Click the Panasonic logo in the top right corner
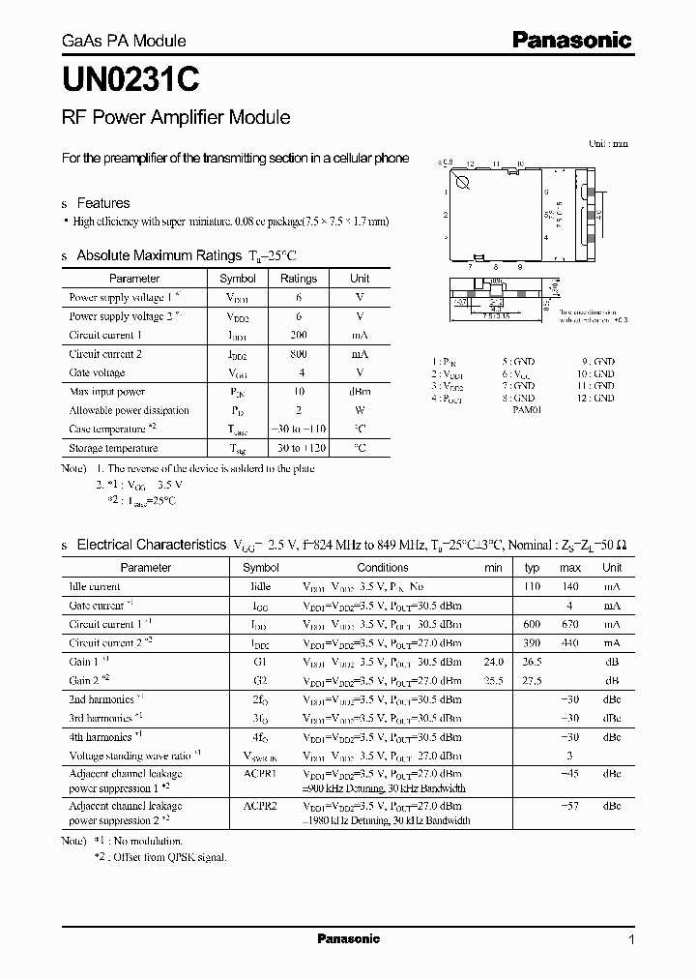[x=571, y=40]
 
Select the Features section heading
[x=102, y=203]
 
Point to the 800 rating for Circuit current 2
[x=298, y=354]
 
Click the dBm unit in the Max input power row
[x=359, y=392]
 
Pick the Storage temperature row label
[x=113, y=449]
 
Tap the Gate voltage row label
[x=97, y=372]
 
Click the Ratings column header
[x=298, y=279]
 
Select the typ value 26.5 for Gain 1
[x=532, y=662]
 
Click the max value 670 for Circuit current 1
[x=570, y=624]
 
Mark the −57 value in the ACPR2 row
[x=570, y=806]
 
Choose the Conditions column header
[x=383, y=568]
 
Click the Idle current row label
[x=95, y=586]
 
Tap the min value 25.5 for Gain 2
[x=493, y=680]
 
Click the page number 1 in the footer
[x=631, y=939]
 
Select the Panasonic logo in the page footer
[x=348, y=938]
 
